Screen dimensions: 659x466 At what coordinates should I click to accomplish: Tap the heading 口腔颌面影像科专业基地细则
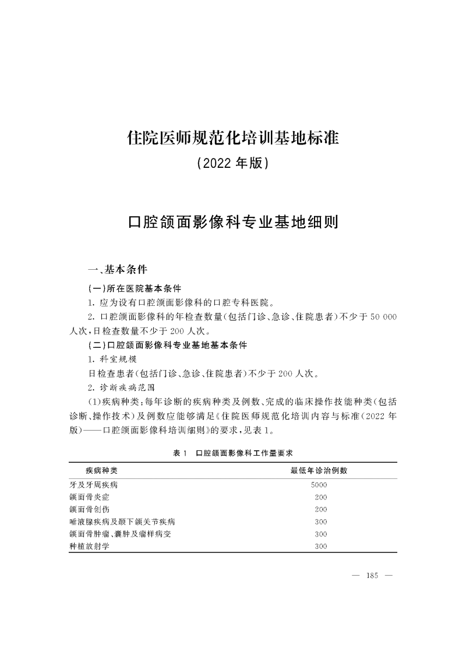tap(233, 222)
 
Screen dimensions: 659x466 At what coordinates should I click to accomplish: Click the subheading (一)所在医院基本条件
tap(134, 288)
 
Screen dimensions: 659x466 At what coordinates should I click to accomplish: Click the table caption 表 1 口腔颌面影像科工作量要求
tap(233, 452)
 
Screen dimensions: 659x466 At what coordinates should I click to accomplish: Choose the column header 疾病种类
tap(102, 470)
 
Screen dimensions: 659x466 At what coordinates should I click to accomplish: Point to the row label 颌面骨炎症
tap(90, 497)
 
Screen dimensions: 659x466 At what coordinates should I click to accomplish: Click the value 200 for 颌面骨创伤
tap(320, 509)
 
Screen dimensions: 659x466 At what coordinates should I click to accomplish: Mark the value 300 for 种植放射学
tap(320, 547)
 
